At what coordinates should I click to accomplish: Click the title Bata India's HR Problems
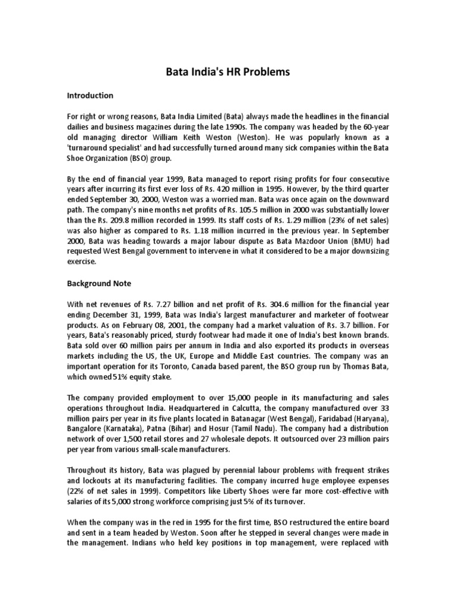(x=227, y=72)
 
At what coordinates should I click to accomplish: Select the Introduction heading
(x=90, y=95)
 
